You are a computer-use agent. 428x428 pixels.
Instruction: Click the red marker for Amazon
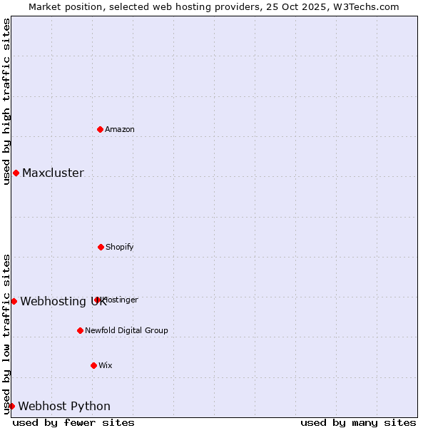pyautogui.click(x=101, y=129)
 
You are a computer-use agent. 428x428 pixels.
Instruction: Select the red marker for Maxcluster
pyautogui.click(x=16, y=173)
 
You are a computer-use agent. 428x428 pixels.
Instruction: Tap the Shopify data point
pyautogui.click(x=101, y=247)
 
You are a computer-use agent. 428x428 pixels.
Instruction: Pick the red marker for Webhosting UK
pyautogui.click(x=14, y=301)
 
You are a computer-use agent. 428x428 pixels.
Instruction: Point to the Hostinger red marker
pyautogui.click(x=97, y=300)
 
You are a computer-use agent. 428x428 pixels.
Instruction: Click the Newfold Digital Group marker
pyautogui.click(x=80, y=330)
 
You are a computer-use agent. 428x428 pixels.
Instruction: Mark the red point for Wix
pyautogui.click(x=93, y=365)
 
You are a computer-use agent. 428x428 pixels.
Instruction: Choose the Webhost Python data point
pyautogui.click(x=11, y=406)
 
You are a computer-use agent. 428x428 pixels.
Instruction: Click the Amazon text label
pyautogui.click(x=120, y=129)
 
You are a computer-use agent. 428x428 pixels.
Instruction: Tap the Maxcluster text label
pyautogui.click(x=53, y=173)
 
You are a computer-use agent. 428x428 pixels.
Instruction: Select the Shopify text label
pyautogui.click(x=120, y=247)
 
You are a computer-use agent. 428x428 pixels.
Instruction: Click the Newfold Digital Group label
pyautogui.click(x=126, y=330)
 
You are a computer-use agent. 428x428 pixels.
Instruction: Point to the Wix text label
pyautogui.click(x=106, y=365)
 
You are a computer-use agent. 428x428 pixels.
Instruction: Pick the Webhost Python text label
pyautogui.click(x=64, y=406)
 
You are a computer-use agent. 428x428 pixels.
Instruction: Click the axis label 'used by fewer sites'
pyautogui.click(x=73, y=422)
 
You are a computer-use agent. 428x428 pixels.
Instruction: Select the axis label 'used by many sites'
pyautogui.click(x=358, y=422)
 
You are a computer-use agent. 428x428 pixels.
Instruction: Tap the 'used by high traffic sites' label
pyautogui.click(x=6, y=101)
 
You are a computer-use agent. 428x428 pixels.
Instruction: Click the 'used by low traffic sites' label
pyautogui.click(x=6, y=333)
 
